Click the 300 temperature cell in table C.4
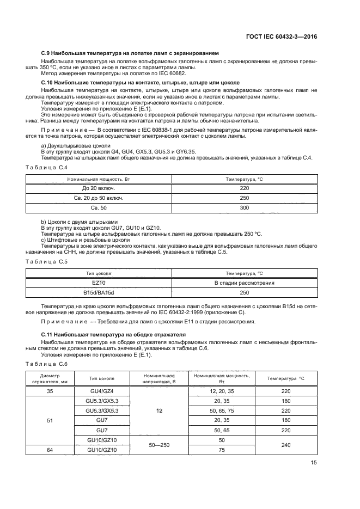point(244,208)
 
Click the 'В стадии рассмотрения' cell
point(244,283)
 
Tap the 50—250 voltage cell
point(159,445)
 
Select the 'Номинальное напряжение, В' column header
point(159,379)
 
